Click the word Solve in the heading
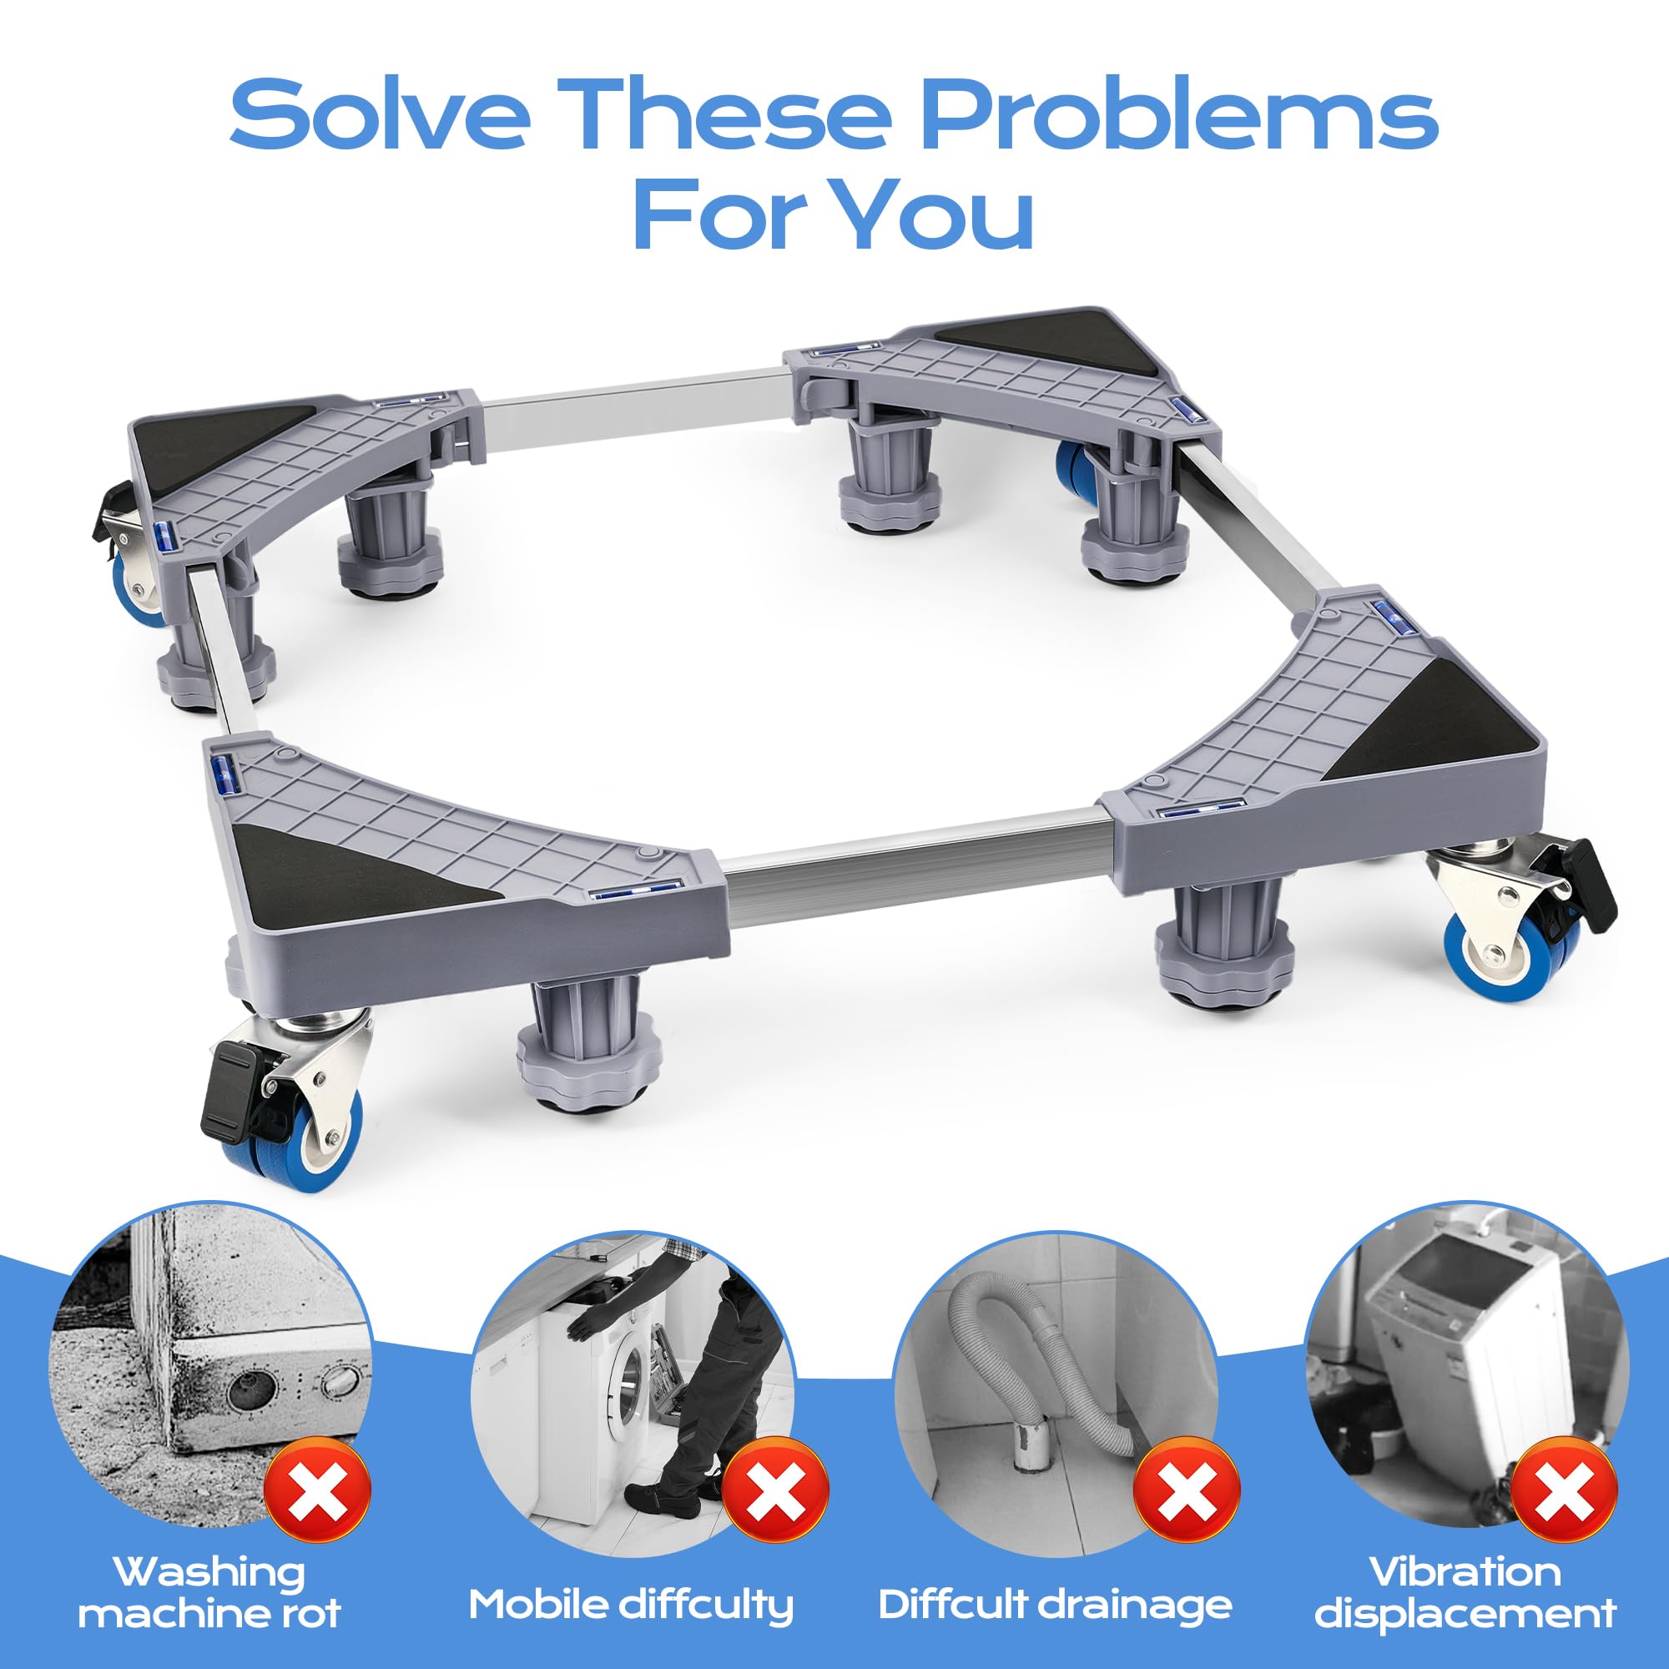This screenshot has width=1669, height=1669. tap(379, 115)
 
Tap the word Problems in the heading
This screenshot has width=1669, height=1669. tap(1179, 115)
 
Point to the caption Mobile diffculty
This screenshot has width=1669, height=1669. tap(631, 1581)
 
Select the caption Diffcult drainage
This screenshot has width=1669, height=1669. tap(1055, 1581)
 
